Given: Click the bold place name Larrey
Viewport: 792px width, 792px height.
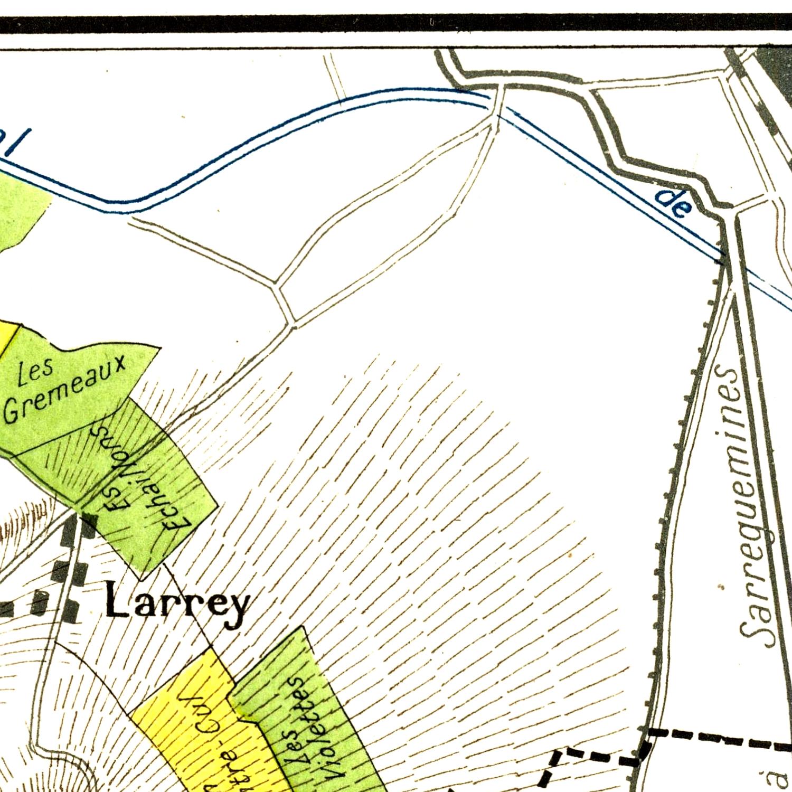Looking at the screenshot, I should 177,604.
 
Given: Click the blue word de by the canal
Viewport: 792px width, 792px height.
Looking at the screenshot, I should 673,203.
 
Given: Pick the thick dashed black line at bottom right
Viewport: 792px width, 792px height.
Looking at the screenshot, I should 718,739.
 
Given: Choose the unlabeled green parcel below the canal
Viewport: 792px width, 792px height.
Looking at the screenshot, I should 21,211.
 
